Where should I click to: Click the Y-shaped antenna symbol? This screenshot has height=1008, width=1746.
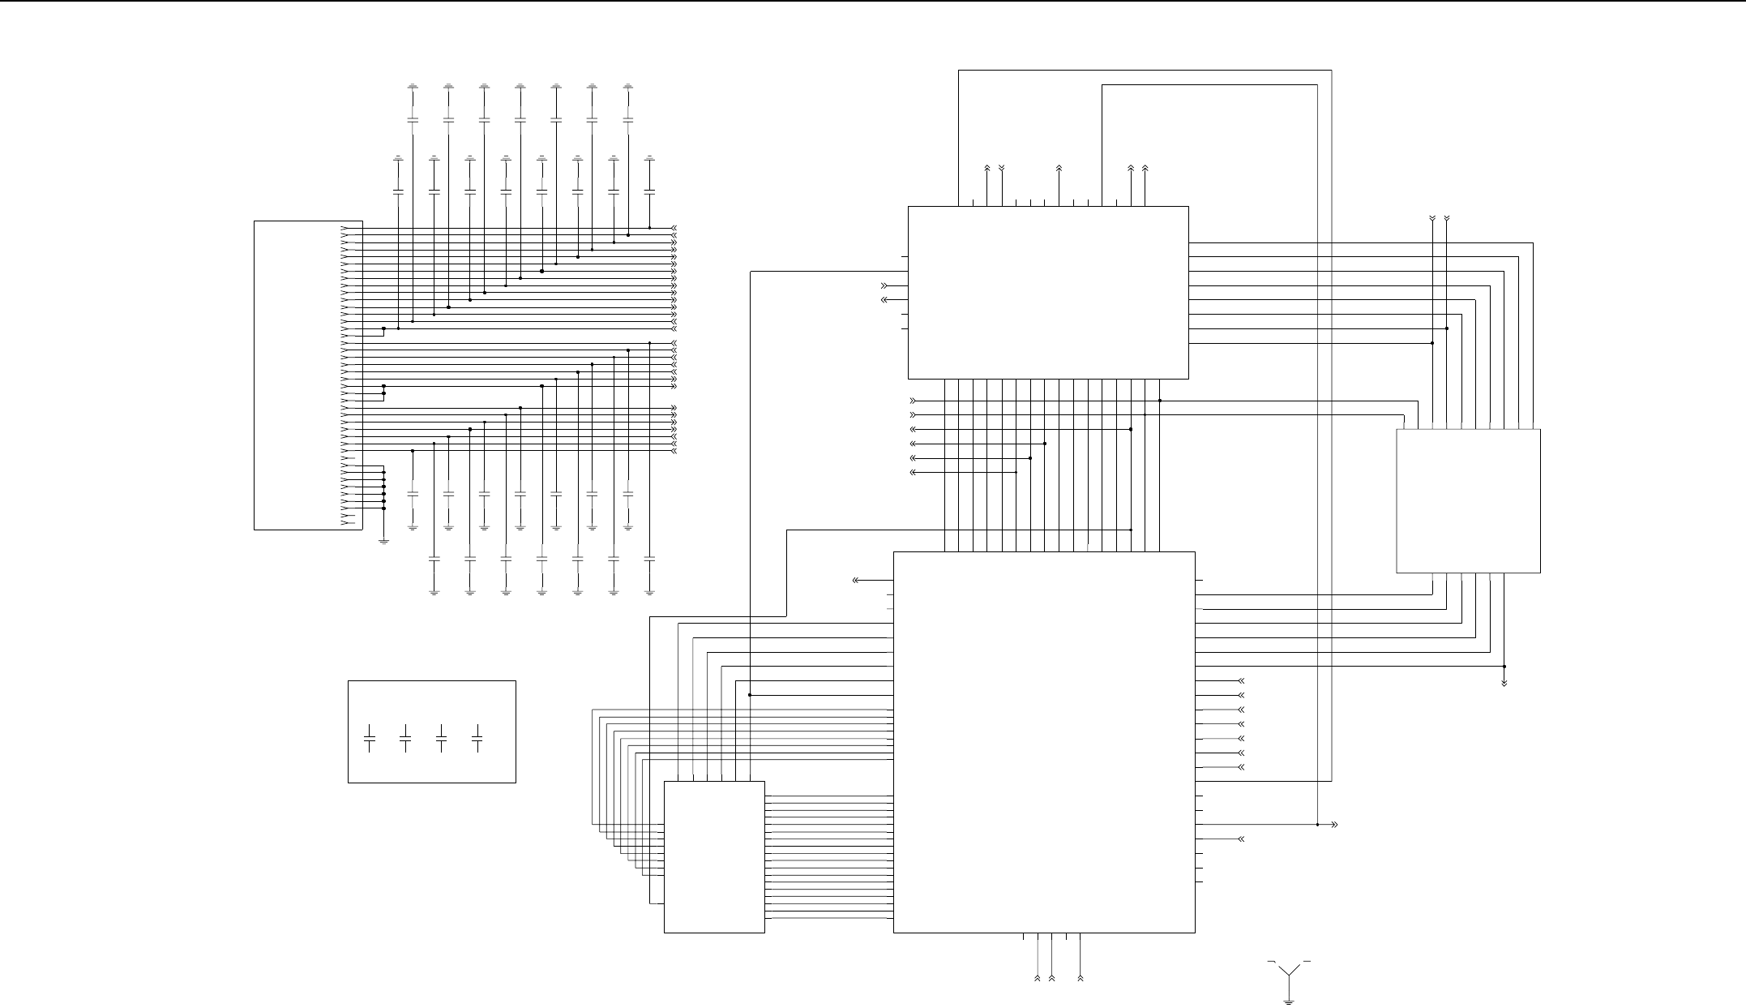[1290, 972]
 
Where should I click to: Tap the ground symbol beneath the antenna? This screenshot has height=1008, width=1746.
[1290, 1002]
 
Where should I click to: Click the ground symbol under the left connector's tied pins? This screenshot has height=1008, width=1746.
[383, 540]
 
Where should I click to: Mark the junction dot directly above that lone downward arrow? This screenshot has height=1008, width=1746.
[1504, 667]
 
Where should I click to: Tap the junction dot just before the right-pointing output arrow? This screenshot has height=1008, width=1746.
[1318, 825]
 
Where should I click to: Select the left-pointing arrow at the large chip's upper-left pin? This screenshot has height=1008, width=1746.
[856, 581]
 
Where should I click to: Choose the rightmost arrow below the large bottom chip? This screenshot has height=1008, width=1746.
[1081, 979]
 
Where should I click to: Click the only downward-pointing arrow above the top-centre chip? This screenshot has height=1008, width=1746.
[1002, 169]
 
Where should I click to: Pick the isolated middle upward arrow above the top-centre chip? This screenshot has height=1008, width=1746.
[1059, 169]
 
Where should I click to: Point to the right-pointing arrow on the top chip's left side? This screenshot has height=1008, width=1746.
[884, 285]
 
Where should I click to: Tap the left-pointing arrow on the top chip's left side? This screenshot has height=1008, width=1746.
[884, 300]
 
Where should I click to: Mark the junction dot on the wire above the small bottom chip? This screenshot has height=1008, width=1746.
[750, 695]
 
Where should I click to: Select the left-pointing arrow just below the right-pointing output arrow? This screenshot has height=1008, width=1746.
[1240, 839]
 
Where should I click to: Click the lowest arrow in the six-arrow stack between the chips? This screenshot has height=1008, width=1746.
[914, 473]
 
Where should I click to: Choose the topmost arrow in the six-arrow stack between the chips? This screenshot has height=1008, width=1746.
[914, 401]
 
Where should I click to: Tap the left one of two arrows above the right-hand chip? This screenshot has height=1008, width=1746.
[1432, 219]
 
